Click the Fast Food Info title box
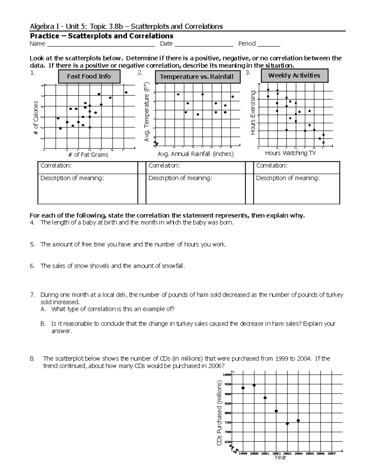(x=89, y=76)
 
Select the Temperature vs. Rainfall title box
(x=197, y=77)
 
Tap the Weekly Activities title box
(x=294, y=76)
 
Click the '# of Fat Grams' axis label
(x=88, y=155)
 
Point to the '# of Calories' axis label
(x=36, y=118)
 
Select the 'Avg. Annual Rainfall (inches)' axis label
(x=196, y=154)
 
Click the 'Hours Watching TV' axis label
(x=290, y=153)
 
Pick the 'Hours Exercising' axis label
(x=253, y=113)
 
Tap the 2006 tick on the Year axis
(x=320, y=454)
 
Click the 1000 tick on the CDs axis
(x=227, y=375)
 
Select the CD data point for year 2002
(x=276, y=411)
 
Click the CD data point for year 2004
(x=298, y=421)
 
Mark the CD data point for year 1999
(x=243, y=388)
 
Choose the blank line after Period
(x=269, y=45)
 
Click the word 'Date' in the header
(x=166, y=44)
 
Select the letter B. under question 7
(x=43, y=324)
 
